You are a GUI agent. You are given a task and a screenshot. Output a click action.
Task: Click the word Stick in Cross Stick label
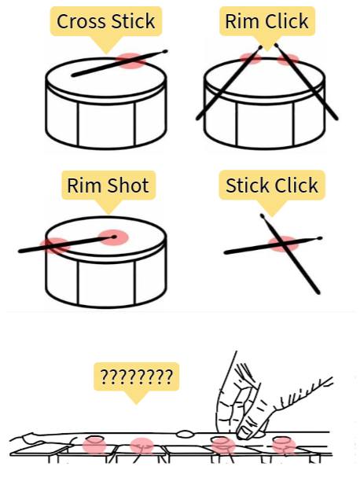tap(134, 21)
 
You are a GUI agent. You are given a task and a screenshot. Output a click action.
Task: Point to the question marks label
tap(137, 376)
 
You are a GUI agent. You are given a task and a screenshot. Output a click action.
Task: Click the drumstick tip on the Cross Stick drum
tap(165, 51)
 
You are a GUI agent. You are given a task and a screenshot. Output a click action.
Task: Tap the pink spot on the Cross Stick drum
tap(131, 61)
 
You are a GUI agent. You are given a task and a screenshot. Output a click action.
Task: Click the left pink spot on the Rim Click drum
tap(251, 58)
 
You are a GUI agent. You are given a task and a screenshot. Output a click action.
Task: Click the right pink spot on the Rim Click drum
tap(288, 59)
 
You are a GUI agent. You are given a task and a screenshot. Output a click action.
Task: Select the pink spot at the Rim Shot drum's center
tap(113, 237)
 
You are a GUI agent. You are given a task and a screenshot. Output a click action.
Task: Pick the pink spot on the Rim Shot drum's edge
tap(55, 245)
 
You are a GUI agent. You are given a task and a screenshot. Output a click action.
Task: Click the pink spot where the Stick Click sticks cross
tap(284, 244)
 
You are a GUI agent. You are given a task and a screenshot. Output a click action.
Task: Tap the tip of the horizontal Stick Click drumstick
tap(319, 238)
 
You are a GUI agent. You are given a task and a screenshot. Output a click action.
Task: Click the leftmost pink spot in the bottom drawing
tap(94, 445)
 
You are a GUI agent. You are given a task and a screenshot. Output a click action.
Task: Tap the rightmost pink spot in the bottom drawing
tap(284, 446)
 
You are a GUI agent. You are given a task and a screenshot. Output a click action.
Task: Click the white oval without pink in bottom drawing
tap(185, 435)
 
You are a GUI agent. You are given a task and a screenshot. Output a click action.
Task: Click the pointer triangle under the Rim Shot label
tap(108, 206)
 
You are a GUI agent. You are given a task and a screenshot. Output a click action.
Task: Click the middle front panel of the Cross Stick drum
tap(107, 124)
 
